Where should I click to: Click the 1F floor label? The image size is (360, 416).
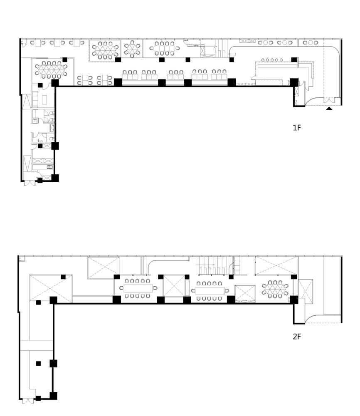[297, 128]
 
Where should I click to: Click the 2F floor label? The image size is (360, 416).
[297, 337]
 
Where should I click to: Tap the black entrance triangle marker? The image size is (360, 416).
[329, 109]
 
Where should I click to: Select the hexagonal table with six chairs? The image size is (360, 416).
[132, 49]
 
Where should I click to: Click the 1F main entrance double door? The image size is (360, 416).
[328, 101]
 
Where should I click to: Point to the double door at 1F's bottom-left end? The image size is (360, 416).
[30, 183]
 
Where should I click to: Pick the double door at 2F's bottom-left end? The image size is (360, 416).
[28, 401]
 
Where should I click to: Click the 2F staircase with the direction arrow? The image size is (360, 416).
[212, 265]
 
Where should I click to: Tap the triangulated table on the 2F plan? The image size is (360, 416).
[275, 289]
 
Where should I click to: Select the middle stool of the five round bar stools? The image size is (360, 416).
[272, 60]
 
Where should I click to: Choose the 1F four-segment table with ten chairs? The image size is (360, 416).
[164, 48]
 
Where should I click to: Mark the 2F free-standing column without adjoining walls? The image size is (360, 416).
[38, 364]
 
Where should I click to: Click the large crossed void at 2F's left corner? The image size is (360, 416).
[51, 288]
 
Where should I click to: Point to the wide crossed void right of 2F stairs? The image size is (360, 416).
[276, 265]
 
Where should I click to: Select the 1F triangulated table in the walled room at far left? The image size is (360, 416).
[51, 69]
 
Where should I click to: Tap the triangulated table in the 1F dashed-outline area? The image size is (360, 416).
[105, 50]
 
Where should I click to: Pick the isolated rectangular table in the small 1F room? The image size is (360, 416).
[44, 100]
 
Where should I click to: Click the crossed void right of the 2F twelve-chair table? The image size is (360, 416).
[174, 286]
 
